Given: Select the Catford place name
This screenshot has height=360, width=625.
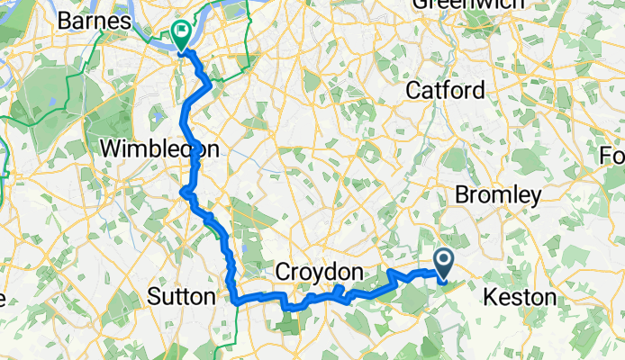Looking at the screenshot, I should (445, 90).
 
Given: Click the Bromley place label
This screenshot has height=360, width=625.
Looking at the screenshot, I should (498, 194).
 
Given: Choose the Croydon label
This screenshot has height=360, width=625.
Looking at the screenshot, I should (319, 272).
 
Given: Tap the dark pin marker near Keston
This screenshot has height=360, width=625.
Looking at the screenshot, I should (445, 262).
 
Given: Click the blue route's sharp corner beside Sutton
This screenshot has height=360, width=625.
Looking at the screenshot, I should (235, 299).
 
